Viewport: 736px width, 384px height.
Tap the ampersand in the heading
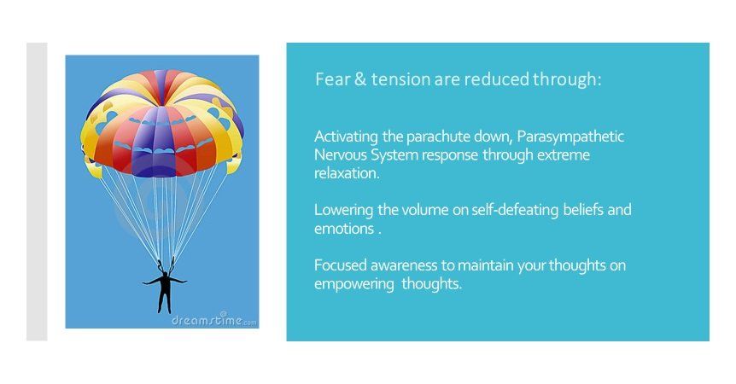click(360, 79)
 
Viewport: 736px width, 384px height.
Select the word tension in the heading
click(400, 79)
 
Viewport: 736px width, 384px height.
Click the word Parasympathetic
click(570, 137)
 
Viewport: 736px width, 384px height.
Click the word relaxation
click(347, 173)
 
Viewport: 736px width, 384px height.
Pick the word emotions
click(344, 229)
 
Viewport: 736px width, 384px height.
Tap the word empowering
click(354, 285)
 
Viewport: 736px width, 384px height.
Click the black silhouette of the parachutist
click(164, 286)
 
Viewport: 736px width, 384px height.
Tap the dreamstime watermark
click(214, 320)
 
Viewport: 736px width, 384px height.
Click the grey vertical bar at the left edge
click(37, 192)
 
